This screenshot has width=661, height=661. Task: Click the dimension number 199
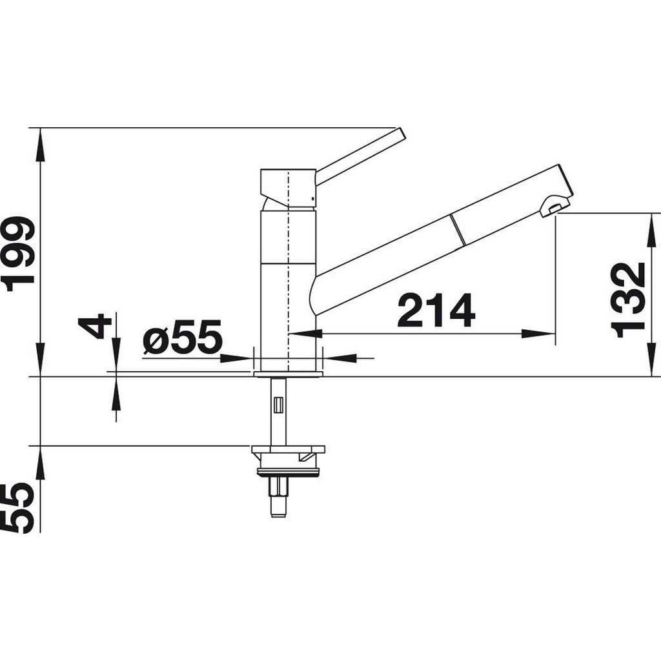pyautogui.click(x=18, y=254)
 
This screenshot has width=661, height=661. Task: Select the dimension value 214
pyautogui.click(x=436, y=310)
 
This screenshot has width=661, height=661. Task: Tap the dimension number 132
pyautogui.click(x=629, y=300)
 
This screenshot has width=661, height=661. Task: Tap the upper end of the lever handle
pyautogui.click(x=400, y=133)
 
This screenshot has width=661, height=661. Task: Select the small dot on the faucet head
pyautogui.click(x=312, y=198)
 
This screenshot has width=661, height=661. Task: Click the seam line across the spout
pyautogui.click(x=458, y=230)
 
